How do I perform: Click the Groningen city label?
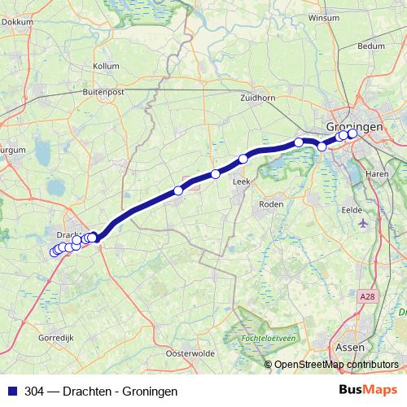(353, 127)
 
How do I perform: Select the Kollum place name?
(106, 65)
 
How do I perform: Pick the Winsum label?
(322, 16)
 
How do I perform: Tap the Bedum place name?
(370, 46)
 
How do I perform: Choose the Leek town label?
(241, 182)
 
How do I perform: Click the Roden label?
(269, 204)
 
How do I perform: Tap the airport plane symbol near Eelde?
(361, 222)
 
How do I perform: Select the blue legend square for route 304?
(11, 392)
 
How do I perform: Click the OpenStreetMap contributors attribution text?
(336, 365)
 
